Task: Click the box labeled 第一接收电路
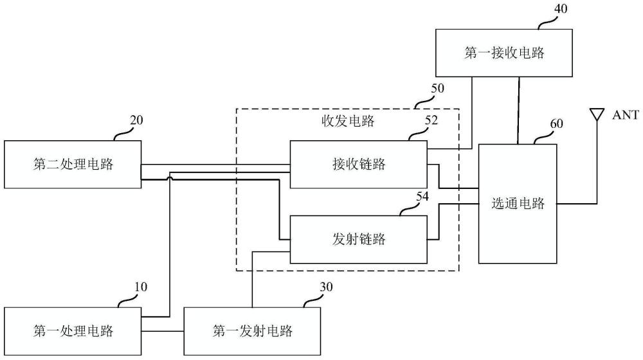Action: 504,53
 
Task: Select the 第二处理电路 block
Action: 73,164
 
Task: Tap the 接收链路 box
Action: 358,164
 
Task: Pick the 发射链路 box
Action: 358,239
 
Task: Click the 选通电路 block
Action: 518,204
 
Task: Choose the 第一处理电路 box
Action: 73,332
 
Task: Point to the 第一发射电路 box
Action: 252,332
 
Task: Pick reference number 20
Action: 136,120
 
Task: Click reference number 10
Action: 140,287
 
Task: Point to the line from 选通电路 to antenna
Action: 577,204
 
